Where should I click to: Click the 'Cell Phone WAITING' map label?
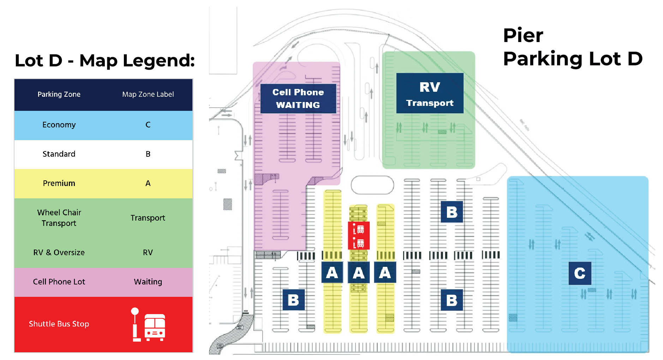tap(298, 98)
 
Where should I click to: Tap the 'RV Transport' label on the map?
tap(430, 93)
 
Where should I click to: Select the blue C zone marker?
tap(580, 273)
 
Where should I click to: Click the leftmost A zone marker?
tap(332, 272)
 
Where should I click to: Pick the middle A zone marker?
tap(358, 272)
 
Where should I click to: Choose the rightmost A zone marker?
tap(385, 272)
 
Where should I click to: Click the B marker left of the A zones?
tap(293, 300)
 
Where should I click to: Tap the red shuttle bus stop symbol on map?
tap(359, 236)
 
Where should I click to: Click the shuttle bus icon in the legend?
tap(149, 325)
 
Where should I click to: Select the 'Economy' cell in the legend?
tap(59, 125)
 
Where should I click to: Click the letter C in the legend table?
tap(148, 125)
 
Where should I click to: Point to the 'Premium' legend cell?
tap(59, 184)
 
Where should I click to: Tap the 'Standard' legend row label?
tap(59, 154)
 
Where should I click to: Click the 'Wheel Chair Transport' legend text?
tap(59, 218)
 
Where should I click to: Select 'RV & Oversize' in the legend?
tap(59, 253)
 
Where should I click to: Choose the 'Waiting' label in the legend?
tap(148, 282)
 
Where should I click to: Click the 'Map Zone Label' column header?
tap(148, 95)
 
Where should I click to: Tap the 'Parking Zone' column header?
tap(59, 95)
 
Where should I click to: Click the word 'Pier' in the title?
tap(523, 36)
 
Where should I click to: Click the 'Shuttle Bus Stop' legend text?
tap(59, 324)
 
